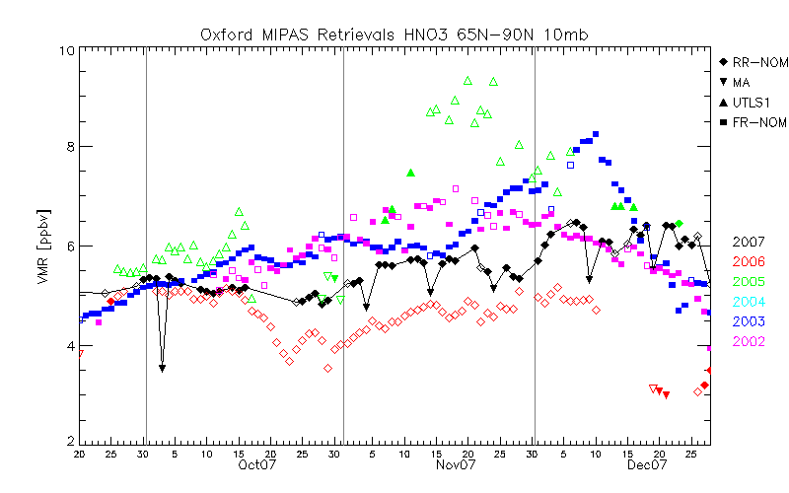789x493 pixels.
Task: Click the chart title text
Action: tap(395, 35)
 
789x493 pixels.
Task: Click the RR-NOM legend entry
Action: tap(753, 62)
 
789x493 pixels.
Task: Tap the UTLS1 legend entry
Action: tap(749, 102)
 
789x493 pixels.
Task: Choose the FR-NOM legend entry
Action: tap(753, 121)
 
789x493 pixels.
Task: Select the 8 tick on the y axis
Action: tap(68, 147)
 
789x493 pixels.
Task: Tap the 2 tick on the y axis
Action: tap(68, 441)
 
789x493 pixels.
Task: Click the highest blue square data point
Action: tap(596, 134)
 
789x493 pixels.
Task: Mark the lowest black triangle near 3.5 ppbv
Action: tap(162, 368)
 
